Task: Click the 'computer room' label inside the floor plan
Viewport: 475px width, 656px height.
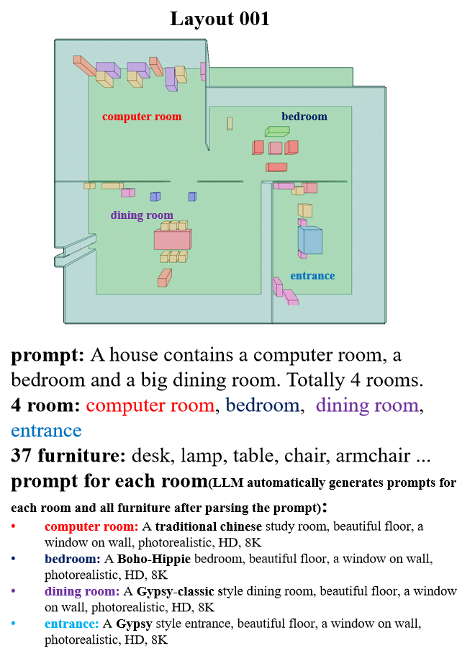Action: point(142,117)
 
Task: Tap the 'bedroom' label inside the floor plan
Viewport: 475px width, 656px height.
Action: point(304,117)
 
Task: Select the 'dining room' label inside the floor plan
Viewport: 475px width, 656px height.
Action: point(142,215)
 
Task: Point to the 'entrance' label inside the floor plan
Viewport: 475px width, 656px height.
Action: point(312,276)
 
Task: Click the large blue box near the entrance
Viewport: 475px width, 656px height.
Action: point(311,241)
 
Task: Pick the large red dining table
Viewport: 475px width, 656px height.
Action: point(172,240)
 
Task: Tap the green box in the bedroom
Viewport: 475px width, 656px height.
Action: point(277,131)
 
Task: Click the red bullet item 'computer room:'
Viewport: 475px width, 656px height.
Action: point(91,526)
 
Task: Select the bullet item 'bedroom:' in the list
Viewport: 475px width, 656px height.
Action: point(72,559)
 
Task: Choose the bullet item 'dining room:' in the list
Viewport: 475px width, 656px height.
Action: point(82,591)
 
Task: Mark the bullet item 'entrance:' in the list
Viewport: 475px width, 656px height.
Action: point(71,624)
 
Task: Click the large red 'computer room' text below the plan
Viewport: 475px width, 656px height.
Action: point(150,405)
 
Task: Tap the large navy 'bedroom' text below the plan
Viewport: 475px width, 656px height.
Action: point(263,405)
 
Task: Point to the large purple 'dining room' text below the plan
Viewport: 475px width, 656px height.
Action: point(367,405)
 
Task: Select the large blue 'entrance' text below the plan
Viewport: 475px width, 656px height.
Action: point(46,431)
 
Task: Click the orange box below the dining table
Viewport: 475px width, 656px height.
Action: point(164,278)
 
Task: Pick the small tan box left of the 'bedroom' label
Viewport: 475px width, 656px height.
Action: point(230,123)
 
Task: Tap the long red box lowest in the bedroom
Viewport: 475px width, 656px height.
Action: point(277,167)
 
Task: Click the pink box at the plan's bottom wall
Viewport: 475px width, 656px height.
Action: point(291,297)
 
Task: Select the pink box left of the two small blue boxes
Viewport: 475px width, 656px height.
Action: point(127,193)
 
